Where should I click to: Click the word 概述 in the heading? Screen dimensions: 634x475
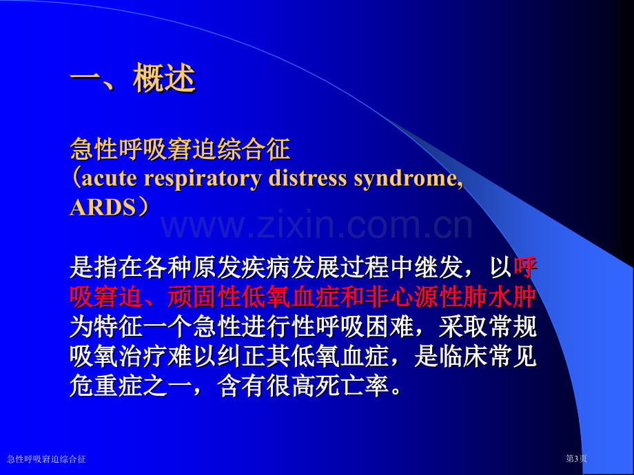164,78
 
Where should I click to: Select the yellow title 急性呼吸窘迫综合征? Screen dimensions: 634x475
181,149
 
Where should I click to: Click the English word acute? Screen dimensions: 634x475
109,178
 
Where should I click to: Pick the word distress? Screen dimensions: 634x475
307,178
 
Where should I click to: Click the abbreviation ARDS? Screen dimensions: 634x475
103,208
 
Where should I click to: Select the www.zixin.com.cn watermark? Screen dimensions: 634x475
316,225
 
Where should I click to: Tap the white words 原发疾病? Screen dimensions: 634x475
241,267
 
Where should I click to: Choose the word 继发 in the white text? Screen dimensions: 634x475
439,267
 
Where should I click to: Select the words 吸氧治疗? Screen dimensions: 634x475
119,357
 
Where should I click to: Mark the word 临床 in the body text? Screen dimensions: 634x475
463,357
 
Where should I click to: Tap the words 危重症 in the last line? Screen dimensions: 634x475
106,386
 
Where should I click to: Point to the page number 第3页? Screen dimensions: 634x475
576,458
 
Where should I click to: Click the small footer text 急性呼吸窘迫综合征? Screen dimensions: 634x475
46,459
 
